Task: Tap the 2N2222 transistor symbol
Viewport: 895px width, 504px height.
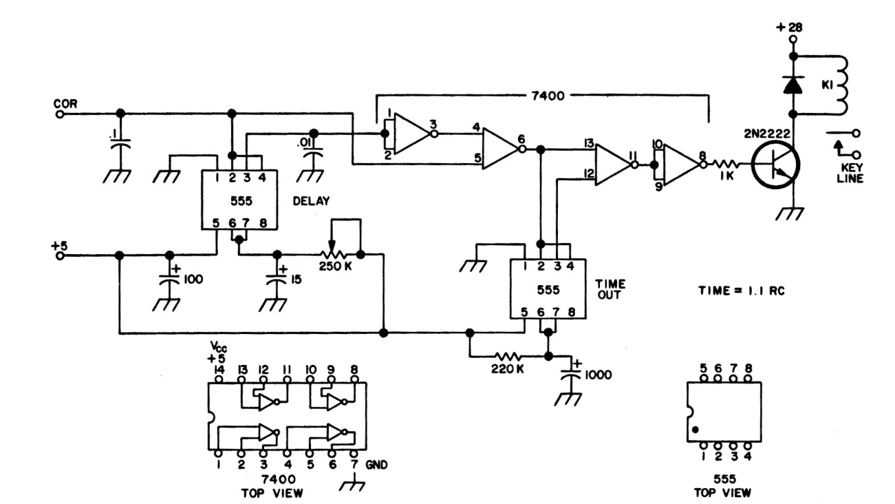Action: pos(775,166)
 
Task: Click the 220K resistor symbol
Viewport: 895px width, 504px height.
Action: pos(509,357)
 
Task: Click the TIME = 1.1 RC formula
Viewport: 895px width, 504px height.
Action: pos(742,291)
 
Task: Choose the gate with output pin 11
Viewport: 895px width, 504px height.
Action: pos(612,165)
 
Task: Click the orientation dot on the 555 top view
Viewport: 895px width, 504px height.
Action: pos(696,430)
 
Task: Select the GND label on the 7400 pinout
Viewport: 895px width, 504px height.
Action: pos(377,465)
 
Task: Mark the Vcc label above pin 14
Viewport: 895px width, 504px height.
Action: pos(219,346)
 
